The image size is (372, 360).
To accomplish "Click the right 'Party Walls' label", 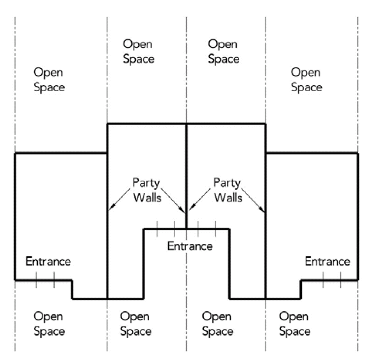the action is click(228, 190).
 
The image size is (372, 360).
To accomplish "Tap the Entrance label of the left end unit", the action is click(48, 261).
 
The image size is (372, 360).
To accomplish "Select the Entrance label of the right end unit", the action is click(328, 261).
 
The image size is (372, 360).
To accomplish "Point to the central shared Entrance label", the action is click(190, 247).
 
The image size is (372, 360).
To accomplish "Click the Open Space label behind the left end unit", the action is click(49, 80).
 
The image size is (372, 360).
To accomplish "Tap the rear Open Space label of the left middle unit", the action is click(139, 51).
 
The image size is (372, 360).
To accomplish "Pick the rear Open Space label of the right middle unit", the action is click(223, 51).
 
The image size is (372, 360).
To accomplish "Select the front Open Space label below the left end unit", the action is click(49, 324).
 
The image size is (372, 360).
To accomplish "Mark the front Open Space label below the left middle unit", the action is click(136, 324).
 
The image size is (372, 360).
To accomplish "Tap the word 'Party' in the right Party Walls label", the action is click(227, 183).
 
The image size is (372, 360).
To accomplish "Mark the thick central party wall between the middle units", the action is click(187, 164).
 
